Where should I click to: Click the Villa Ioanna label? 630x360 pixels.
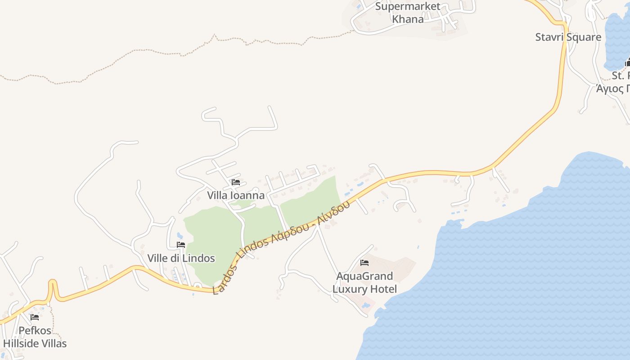[236, 195]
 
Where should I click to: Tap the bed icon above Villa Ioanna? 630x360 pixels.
[235, 182]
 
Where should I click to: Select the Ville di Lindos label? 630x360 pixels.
[181, 258]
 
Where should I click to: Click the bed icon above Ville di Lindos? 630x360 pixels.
[181, 245]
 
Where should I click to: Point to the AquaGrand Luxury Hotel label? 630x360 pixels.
[364, 282]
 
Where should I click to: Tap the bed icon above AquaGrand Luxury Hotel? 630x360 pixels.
[364, 262]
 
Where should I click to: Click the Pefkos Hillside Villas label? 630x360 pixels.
[35, 337]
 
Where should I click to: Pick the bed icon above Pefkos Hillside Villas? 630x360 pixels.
[35, 317]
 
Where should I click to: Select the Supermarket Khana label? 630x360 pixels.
[408, 13]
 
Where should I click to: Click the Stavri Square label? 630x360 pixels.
[568, 37]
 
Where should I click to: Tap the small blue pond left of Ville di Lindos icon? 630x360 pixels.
[180, 235]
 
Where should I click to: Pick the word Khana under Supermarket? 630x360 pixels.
[408, 19]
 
